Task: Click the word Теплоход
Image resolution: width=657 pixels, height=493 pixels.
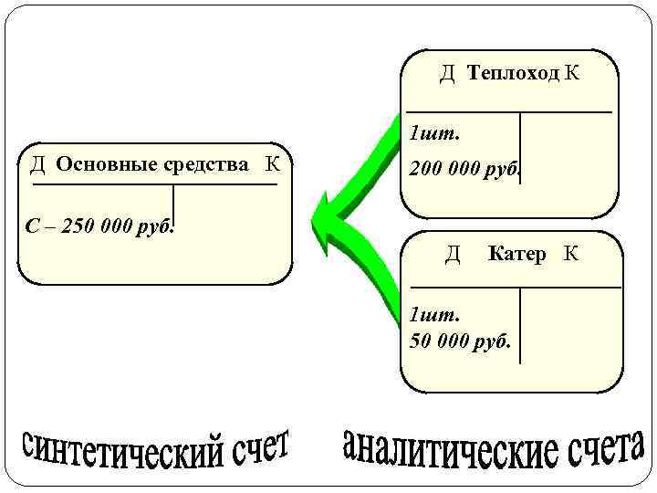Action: coord(513,74)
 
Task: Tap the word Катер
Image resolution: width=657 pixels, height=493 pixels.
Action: coord(517,254)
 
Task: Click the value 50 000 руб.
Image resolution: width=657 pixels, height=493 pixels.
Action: coord(461,341)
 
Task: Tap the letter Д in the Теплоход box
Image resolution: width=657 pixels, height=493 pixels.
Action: coord(448,74)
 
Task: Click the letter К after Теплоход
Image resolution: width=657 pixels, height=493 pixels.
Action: coord(571,74)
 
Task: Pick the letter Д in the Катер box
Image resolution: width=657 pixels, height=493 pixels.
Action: coord(453,254)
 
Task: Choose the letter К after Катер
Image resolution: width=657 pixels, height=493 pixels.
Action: coord(571,254)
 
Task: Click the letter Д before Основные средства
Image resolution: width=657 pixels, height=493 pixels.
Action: coord(37,165)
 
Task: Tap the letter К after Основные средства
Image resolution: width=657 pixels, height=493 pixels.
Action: coord(272,165)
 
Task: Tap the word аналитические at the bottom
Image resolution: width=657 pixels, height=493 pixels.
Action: coord(448,448)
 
